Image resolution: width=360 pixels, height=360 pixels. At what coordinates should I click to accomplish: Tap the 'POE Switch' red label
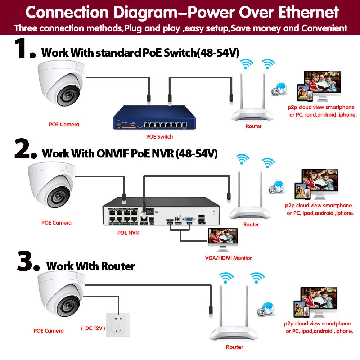[x=159, y=136]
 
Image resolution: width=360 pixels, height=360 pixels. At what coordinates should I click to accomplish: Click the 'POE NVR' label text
[x=128, y=233]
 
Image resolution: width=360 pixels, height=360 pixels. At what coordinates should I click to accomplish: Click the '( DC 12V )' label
[x=93, y=328]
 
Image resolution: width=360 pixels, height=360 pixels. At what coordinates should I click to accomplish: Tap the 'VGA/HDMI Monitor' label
[x=228, y=258]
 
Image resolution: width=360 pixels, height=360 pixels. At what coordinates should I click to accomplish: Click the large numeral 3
[x=27, y=262]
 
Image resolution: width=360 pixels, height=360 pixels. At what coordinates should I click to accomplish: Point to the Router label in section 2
[x=251, y=224]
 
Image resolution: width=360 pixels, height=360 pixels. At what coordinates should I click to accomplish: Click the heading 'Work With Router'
[x=90, y=266]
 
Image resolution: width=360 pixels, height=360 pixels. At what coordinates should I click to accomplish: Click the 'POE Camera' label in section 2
[x=57, y=222]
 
